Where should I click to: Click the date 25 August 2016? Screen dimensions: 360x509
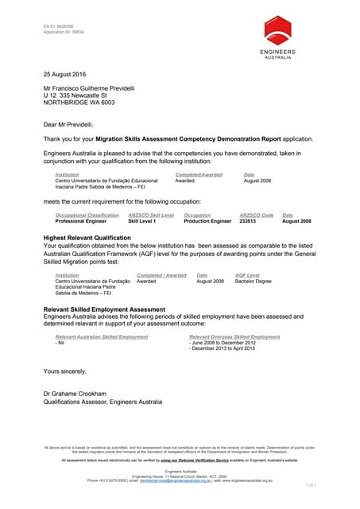pos(65,74)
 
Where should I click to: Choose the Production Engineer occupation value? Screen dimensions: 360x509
pos(207,221)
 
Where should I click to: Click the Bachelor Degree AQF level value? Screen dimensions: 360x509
pos(254,281)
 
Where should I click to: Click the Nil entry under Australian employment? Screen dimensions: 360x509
pos(60,343)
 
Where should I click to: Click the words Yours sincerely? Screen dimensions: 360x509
pos(65,371)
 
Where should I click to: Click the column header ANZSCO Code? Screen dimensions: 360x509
pos(256,215)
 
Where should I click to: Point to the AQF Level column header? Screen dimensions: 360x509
pos(247,274)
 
